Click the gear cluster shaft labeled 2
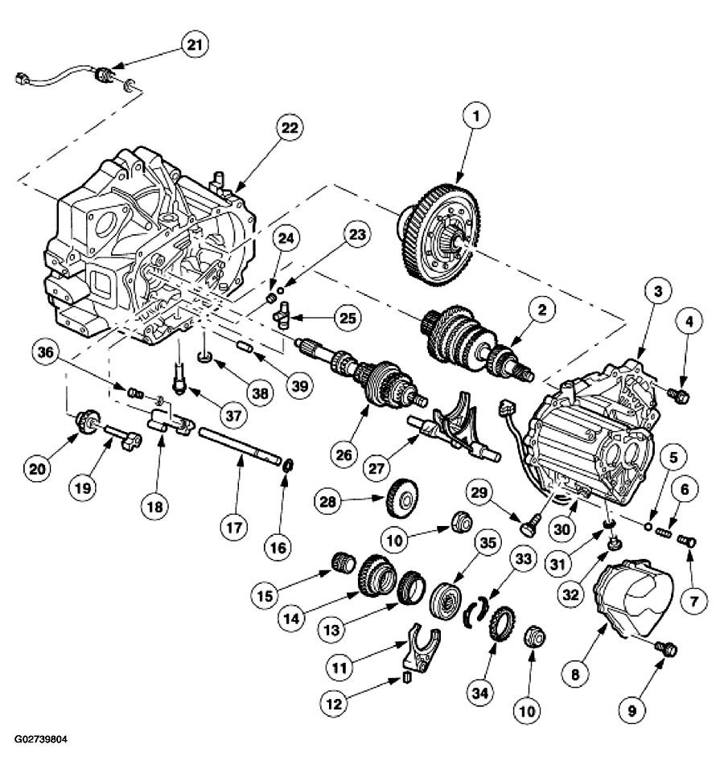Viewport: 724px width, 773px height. coord(475,338)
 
